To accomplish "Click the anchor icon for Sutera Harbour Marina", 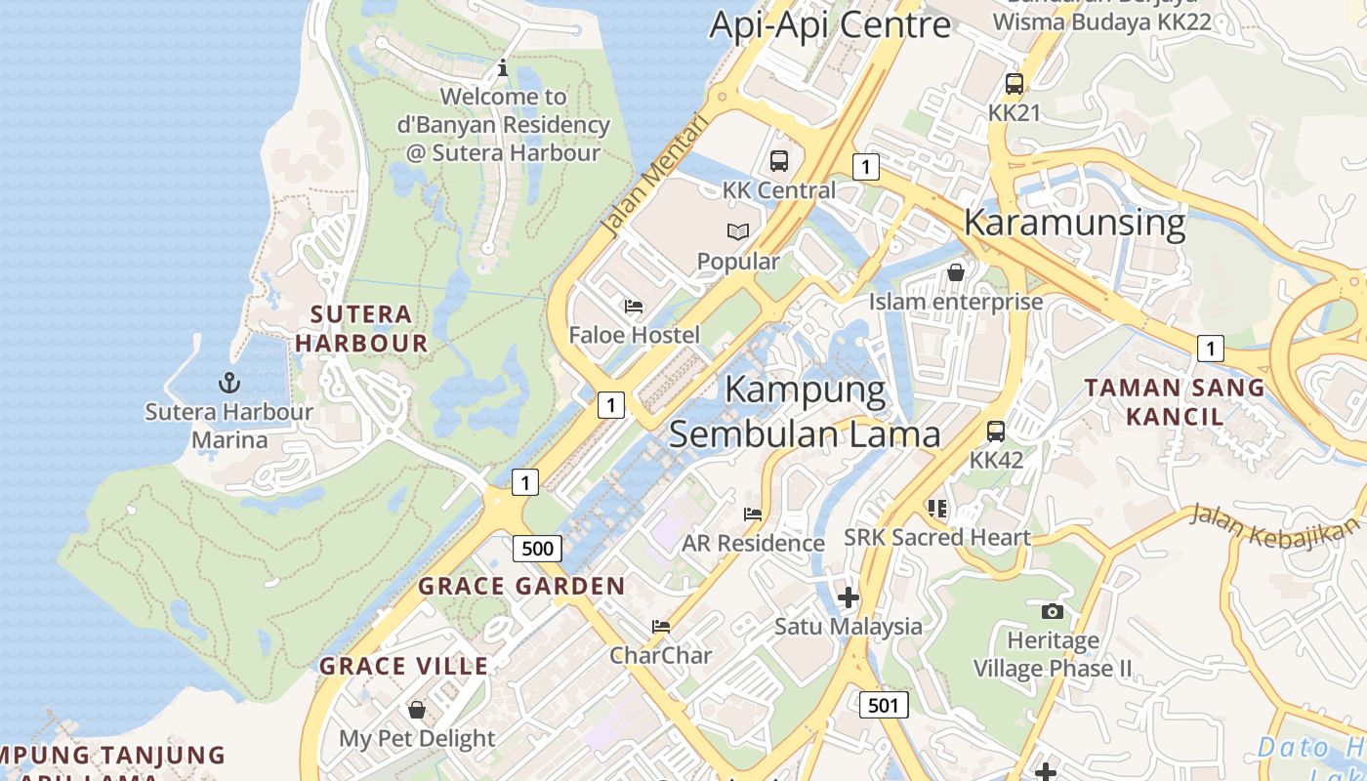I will click(x=228, y=382).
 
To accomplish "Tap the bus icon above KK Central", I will click(x=778, y=161).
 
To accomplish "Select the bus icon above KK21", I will click(x=1015, y=84).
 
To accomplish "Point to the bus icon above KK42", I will click(x=996, y=431).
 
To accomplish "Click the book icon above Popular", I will click(x=738, y=231).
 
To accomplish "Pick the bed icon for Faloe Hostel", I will click(x=634, y=307).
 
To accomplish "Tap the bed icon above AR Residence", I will click(x=753, y=514).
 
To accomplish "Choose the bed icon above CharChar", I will click(x=661, y=626).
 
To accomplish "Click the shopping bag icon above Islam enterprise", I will click(x=956, y=272).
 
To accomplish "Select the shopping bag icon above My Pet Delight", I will click(x=417, y=709).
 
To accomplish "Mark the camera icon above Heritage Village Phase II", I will click(x=1052, y=611).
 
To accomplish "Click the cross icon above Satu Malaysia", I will click(x=849, y=596).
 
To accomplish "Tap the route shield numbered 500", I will click(x=537, y=548).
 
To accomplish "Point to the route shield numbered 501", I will click(x=884, y=704).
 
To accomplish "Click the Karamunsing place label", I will click(x=1074, y=223).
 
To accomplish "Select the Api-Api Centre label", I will click(x=830, y=24).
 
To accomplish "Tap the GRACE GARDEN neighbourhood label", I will click(x=521, y=587).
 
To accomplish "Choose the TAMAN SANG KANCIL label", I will click(x=1175, y=401).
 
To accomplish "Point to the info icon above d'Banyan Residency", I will click(x=503, y=67).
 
